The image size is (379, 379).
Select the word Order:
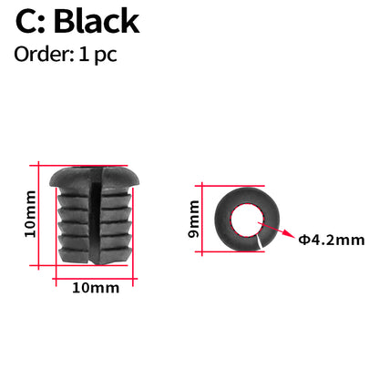click(x=42, y=54)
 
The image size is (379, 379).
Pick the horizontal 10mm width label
click(x=95, y=288)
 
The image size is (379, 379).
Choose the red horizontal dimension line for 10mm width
click(x=95, y=271)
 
